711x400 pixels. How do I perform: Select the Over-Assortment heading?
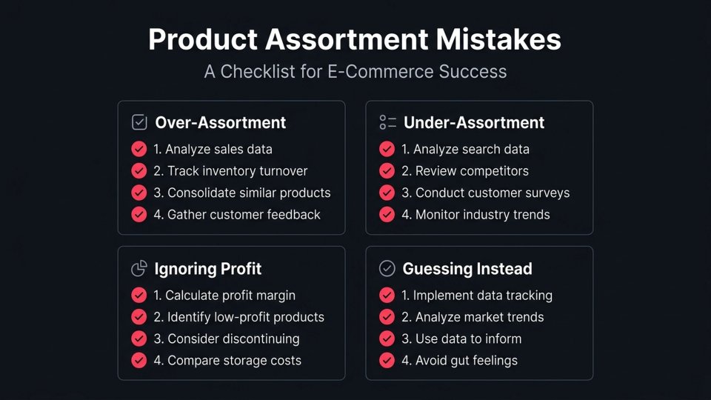coord(220,123)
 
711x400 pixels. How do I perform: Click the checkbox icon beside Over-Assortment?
coord(139,123)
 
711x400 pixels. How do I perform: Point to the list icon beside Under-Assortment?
coord(387,123)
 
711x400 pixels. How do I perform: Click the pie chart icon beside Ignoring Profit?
coord(139,269)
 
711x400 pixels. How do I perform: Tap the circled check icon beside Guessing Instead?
coord(387,269)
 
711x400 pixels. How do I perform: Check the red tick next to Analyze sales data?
coord(139,149)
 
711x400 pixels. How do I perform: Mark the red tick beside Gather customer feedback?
coord(139,215)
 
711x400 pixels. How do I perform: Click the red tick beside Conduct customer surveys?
coord(387,193)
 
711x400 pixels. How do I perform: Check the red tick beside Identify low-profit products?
coord(139,317)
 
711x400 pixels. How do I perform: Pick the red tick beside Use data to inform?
coord(387,339)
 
